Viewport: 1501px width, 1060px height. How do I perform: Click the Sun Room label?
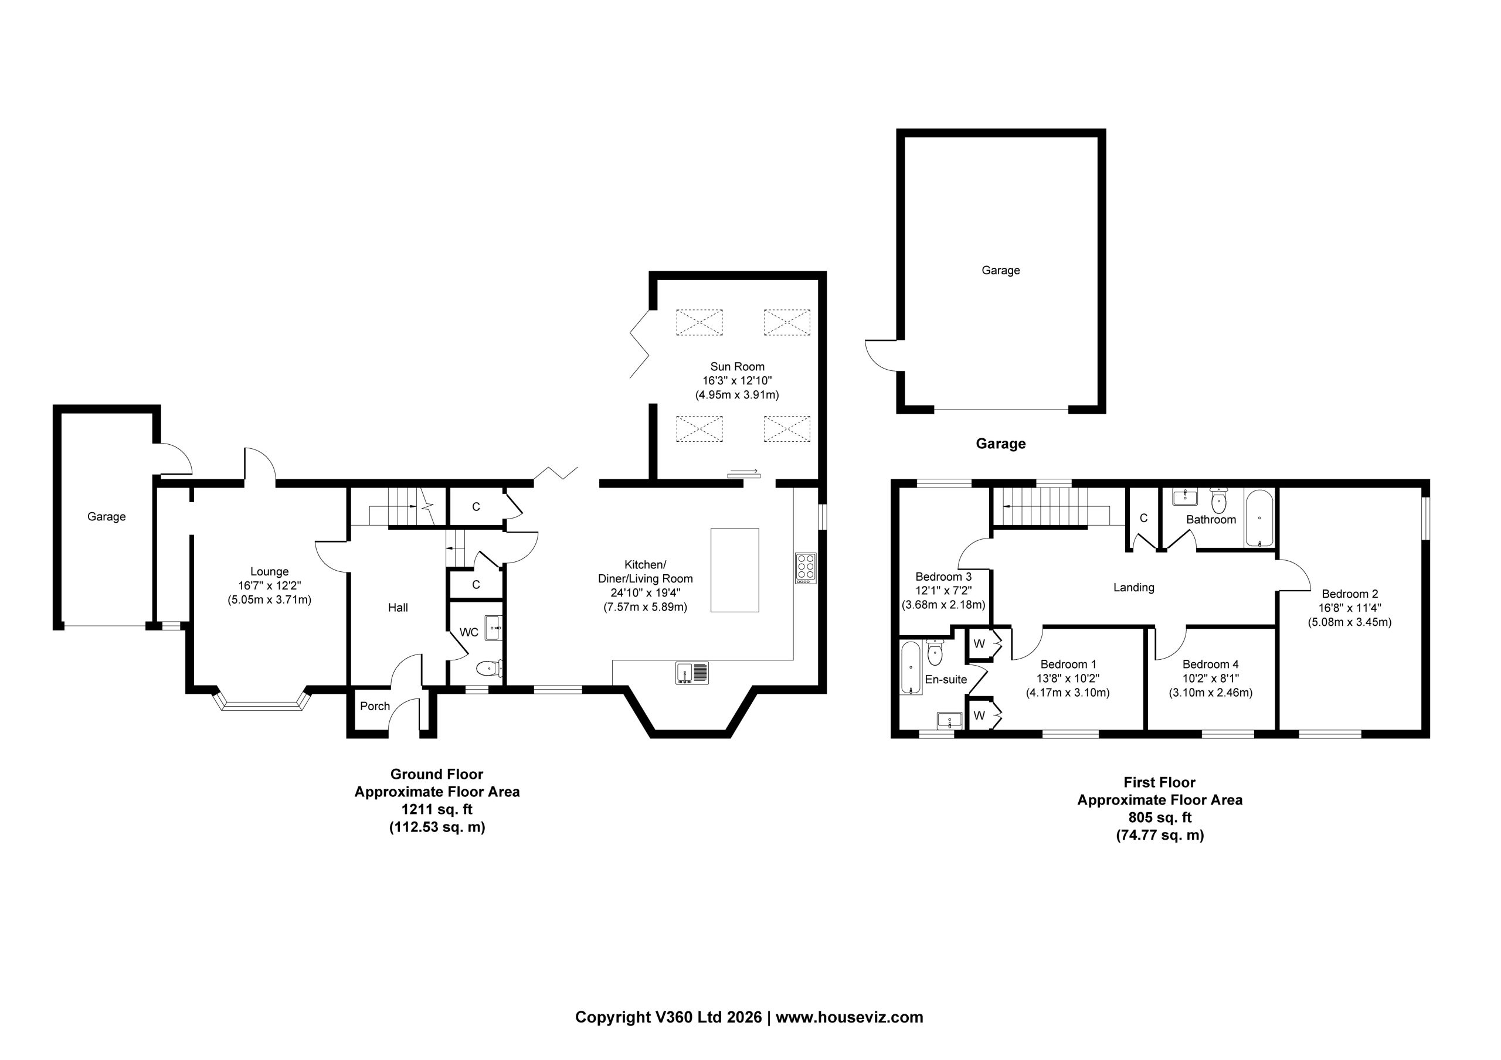click(737, 367)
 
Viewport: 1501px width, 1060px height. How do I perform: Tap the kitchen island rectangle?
click(735, 570)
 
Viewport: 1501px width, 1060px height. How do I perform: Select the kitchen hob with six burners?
click(806, 568)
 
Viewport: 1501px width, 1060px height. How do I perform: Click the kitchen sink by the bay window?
click(692, 673)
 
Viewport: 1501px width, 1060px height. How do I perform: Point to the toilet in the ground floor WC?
click(490, 668)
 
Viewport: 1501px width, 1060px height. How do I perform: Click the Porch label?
click(375, 707)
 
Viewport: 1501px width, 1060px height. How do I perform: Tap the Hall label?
click(398, 608)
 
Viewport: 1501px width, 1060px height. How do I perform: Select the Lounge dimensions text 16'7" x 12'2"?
click(269, 585)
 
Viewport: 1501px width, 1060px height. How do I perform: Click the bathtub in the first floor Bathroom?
click(1259, 518)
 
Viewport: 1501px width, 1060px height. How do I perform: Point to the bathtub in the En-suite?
click(911, 667)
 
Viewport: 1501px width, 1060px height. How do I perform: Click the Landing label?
click(1133, 588)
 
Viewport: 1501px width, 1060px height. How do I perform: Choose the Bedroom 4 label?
click(1210, 664)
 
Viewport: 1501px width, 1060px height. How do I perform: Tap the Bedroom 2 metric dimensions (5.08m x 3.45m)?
click(1349, 622)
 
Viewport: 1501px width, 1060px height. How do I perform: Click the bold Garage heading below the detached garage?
click(1000, 444)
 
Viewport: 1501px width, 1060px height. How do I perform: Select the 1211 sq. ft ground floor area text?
click(437, 810)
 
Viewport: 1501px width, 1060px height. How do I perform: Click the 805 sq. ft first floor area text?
click(1160, 817)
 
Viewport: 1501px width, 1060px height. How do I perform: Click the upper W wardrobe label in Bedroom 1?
click(979, 644)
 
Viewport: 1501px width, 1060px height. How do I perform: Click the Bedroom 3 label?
click(943, 577)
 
